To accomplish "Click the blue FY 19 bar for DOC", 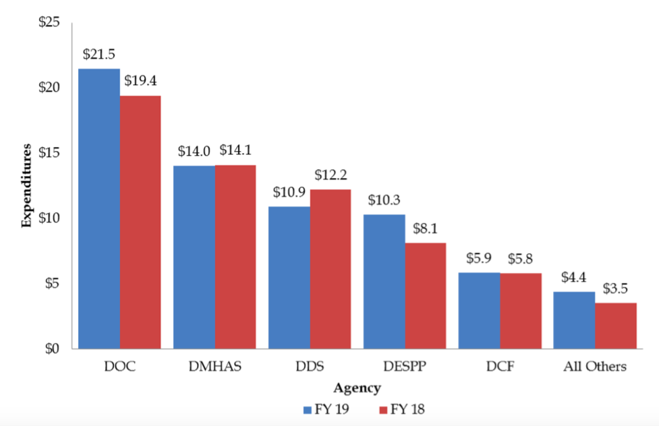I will [x=99, y=209].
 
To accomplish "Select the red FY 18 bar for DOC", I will [x=140, y=222].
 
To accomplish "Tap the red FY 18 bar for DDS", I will [x=331, y=269].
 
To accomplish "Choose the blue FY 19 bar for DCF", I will [x=480, y=310].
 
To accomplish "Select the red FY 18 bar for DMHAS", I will [x=235, y=257].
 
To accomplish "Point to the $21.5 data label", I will [x=98, y=54].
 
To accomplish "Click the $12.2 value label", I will [x=331, y=175].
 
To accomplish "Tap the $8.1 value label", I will [x=426, y=229].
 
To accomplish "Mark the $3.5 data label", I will [x=616, y=288].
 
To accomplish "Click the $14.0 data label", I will [x=194, y=152].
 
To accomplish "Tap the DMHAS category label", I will [x=214, y=367].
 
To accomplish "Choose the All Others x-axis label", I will [x=595, y=367].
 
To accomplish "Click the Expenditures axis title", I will [x=27, y=185].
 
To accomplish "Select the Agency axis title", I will [x=357, y=388].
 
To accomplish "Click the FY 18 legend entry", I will [x=402, y=409].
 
